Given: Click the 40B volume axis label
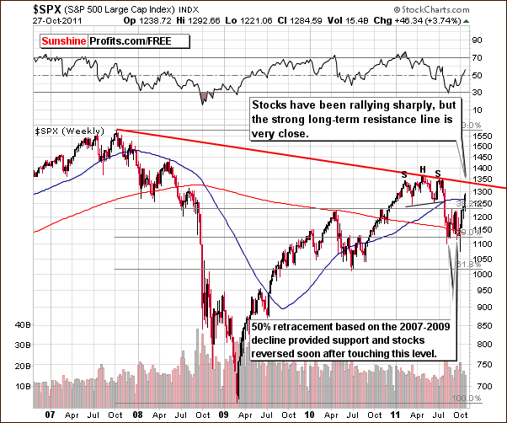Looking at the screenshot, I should pos(18,324).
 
